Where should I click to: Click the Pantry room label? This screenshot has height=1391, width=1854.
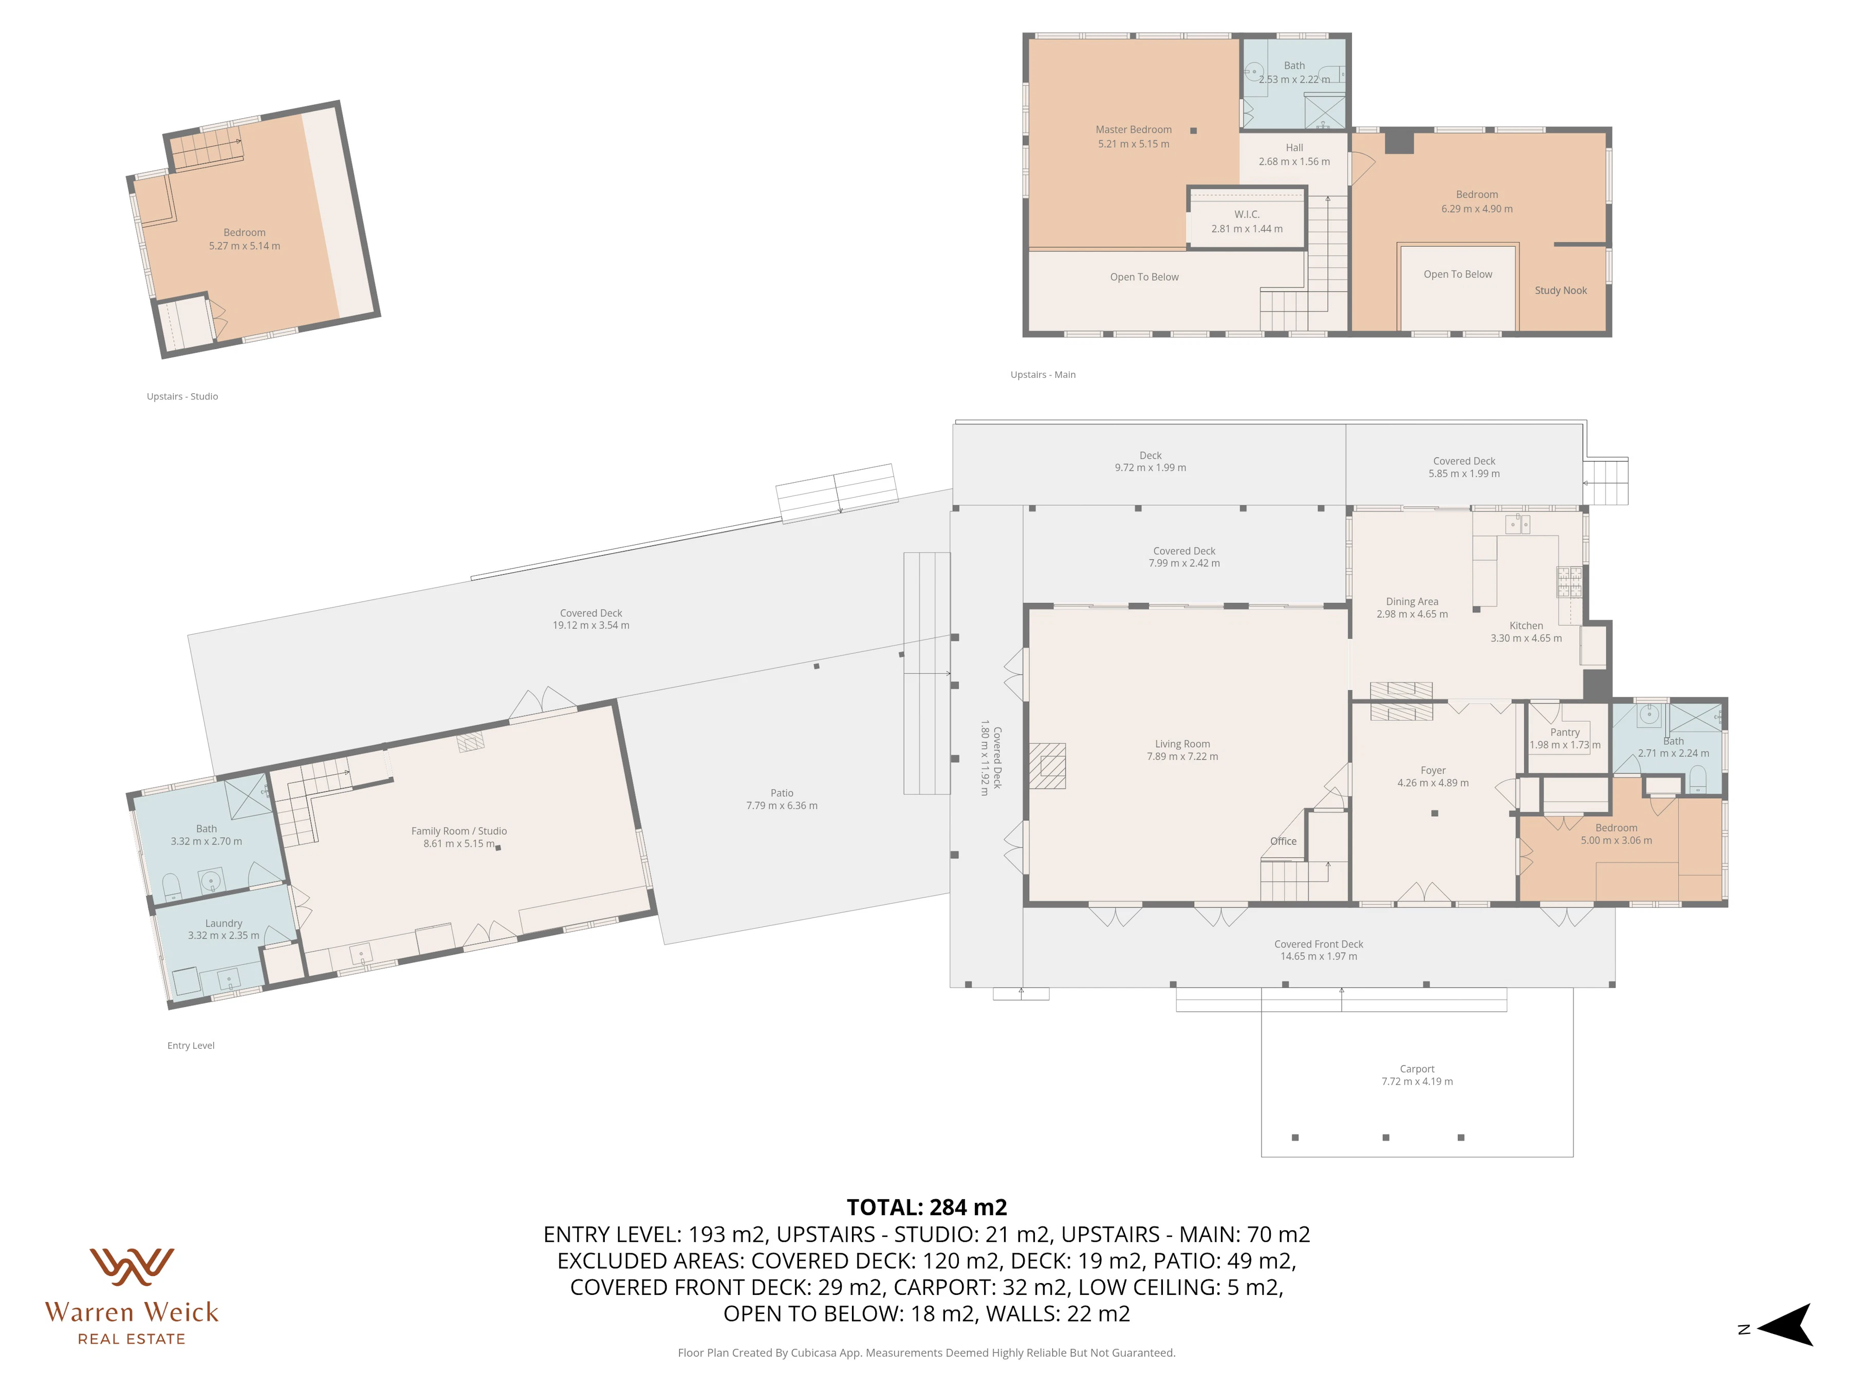point(1565,732)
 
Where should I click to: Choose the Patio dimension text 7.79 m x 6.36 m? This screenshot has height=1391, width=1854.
point(782,806)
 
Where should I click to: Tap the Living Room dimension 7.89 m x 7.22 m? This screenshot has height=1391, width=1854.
point(1182,756)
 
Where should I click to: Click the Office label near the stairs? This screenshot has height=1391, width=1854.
point(1283,841)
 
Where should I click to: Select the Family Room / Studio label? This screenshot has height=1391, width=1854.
point(459,831)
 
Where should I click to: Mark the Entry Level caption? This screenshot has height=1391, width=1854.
point(191,1046)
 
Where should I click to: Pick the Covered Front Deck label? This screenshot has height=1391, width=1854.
point(1319,944)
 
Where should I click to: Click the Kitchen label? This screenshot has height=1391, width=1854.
point(1526,626)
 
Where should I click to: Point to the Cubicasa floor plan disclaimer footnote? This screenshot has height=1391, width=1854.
point(926,1352)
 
